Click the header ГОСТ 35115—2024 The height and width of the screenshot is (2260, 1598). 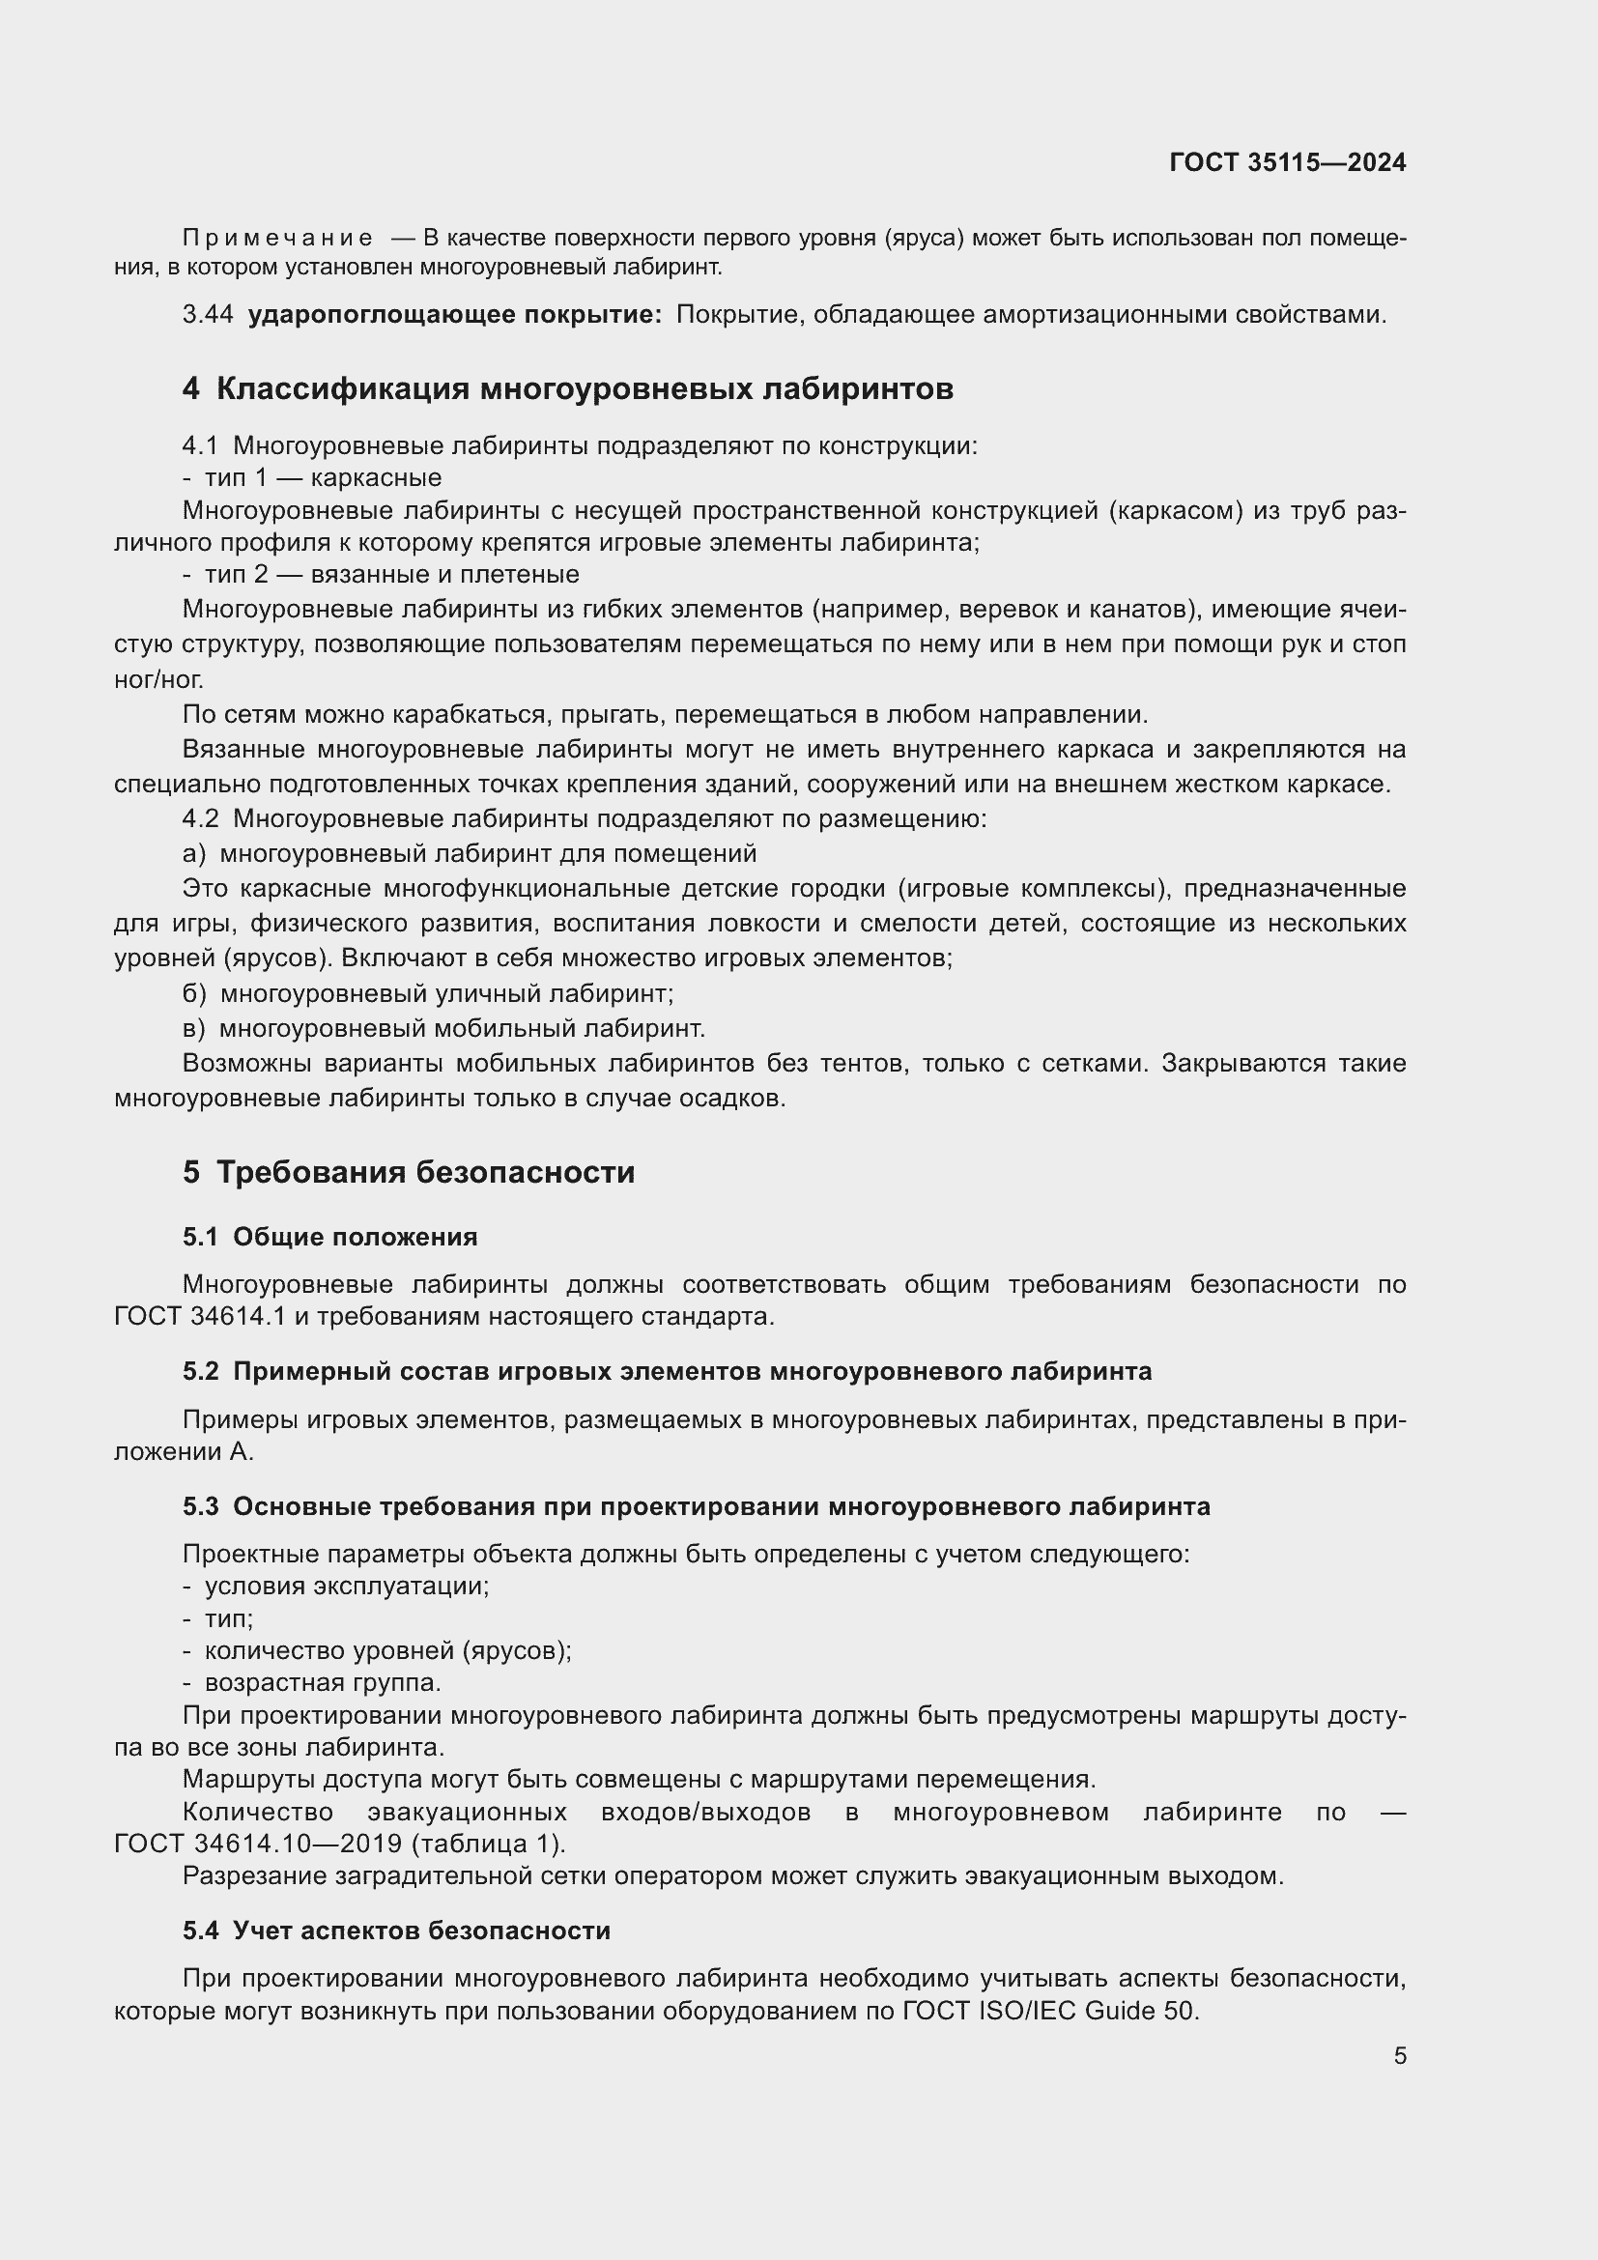1287,162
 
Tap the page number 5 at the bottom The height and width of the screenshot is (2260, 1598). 1399,2055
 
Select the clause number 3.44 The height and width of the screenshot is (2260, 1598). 208,315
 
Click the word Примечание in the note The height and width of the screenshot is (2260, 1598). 277,239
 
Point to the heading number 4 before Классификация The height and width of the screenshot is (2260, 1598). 191,388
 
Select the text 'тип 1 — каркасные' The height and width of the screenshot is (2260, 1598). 323,478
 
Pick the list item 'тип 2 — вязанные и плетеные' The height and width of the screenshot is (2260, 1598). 391,575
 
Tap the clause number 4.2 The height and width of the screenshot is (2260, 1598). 201,819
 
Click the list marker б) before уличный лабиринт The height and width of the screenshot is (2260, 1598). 194,994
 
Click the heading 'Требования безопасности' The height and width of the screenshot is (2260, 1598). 425,1172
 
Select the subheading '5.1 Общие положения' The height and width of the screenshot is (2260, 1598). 329,1238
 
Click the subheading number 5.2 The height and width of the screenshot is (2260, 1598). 201,1371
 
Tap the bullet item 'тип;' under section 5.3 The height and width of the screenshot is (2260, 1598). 228,1619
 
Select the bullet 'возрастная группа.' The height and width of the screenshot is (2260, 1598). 323,1682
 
